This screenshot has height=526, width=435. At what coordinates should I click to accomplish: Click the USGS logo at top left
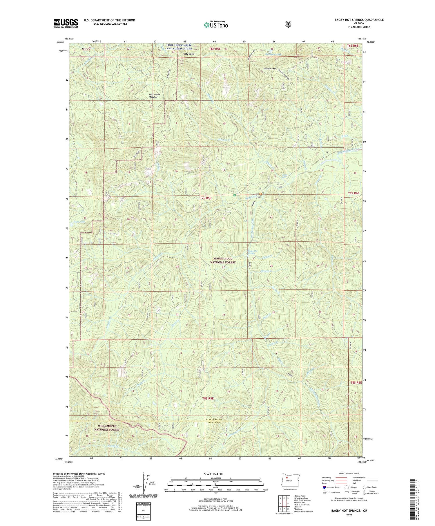click(x=66, y=23)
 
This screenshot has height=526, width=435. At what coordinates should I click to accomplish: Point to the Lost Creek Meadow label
click(x=155, y=96)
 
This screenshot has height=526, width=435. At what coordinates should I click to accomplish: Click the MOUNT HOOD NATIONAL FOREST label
click(x=223, y=260)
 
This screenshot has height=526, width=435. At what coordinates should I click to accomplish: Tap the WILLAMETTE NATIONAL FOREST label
click(x=107, y=428)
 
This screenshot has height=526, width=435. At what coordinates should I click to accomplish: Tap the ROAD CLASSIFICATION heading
click(x=349, y=473)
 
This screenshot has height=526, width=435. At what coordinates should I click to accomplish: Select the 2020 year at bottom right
click(x=349, y=516)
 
